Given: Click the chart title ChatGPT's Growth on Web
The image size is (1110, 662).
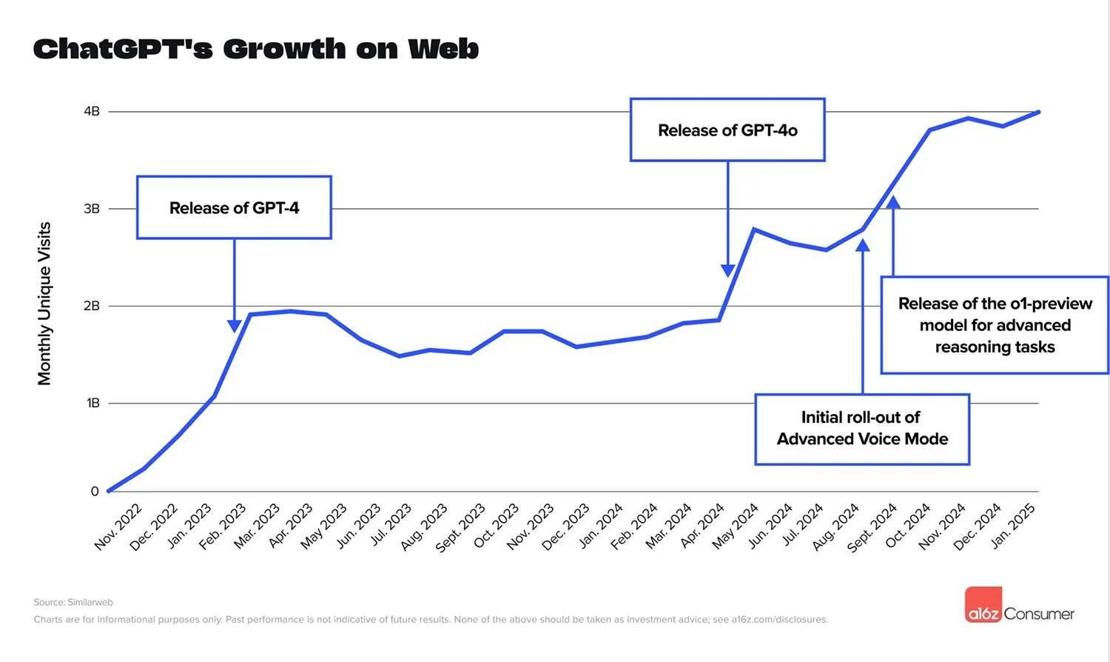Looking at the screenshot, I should click(256, 49).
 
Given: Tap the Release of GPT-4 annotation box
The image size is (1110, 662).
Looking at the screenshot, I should click(234, 207).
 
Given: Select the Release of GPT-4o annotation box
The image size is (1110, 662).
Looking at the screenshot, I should click(727, 130).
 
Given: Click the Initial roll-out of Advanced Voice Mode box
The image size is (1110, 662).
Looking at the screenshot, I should click(862, 429).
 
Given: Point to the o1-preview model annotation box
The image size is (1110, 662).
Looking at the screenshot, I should click(995, 325).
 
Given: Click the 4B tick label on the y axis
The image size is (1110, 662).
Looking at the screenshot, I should click(92, 111).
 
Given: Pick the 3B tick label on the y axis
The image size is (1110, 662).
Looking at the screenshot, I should click(92, 209).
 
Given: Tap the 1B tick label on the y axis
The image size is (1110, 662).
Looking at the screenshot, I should click(92, 403).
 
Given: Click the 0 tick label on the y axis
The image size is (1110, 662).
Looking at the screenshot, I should click(95, 491).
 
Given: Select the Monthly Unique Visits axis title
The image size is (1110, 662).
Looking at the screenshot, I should click(44, 304).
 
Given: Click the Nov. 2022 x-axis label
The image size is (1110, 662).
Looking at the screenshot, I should click(118, 526).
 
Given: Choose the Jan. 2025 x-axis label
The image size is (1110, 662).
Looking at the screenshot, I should click(1013, 526).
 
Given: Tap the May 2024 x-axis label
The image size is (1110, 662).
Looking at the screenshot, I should click(736, 526).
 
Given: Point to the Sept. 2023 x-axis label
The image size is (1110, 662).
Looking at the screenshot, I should click(460, 527).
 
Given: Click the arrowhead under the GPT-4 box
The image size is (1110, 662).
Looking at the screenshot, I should click(235, 326).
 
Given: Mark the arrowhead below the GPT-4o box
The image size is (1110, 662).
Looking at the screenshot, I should click(728, 271).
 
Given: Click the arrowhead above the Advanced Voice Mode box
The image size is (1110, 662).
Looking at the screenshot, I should click(863, 245).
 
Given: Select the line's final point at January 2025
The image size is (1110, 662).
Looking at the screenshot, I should click(1038, 112).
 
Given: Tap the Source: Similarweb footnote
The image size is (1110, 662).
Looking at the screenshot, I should click(73, 602).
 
